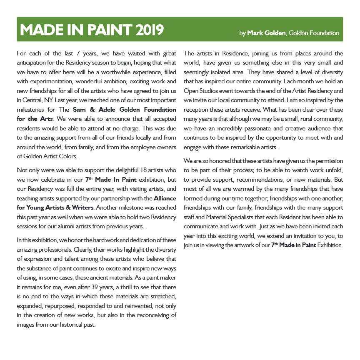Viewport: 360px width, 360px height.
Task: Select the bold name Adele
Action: coord(106,110)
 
